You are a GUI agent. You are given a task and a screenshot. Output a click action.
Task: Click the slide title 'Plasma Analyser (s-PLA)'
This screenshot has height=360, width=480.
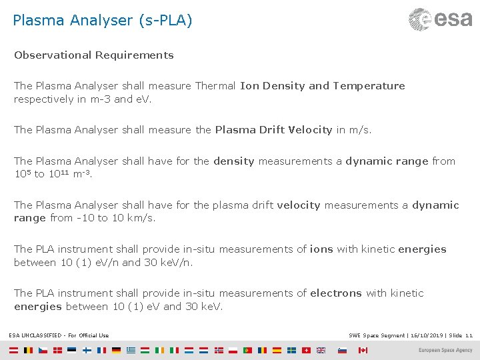102,21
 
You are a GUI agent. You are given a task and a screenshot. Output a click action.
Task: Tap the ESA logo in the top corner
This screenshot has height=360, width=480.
440,19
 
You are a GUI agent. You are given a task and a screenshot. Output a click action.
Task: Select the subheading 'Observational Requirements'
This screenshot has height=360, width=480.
94,55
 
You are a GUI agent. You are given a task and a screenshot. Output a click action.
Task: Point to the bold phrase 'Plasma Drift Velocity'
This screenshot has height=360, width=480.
273,130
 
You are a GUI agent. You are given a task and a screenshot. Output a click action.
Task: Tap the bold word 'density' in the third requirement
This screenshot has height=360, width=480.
234,161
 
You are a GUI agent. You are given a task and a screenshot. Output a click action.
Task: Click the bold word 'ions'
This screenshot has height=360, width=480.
321,249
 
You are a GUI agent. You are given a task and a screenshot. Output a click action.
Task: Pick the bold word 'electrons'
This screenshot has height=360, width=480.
336,293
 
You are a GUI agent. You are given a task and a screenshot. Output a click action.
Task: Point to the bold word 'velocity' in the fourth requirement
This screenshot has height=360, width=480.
299,205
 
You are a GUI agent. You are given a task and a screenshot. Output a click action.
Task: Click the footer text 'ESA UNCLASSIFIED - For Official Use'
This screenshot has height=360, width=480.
59,335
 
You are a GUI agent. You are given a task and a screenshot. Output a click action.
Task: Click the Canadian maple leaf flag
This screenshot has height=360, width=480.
363,350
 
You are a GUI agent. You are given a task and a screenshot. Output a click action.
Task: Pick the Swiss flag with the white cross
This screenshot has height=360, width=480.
307,350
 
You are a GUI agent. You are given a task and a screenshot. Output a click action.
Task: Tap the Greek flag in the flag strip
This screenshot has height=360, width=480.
131,350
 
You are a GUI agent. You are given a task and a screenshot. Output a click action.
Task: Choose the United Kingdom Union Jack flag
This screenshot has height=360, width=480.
321,350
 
